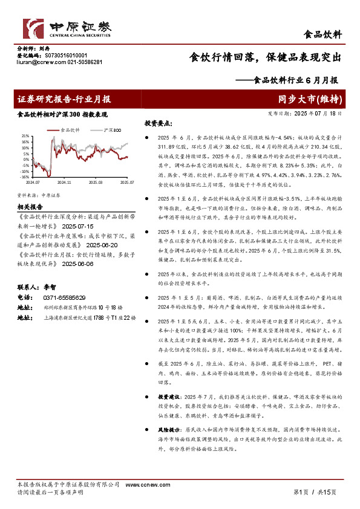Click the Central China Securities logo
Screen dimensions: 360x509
[67, 28]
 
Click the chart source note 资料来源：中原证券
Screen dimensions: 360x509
[38, 195]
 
